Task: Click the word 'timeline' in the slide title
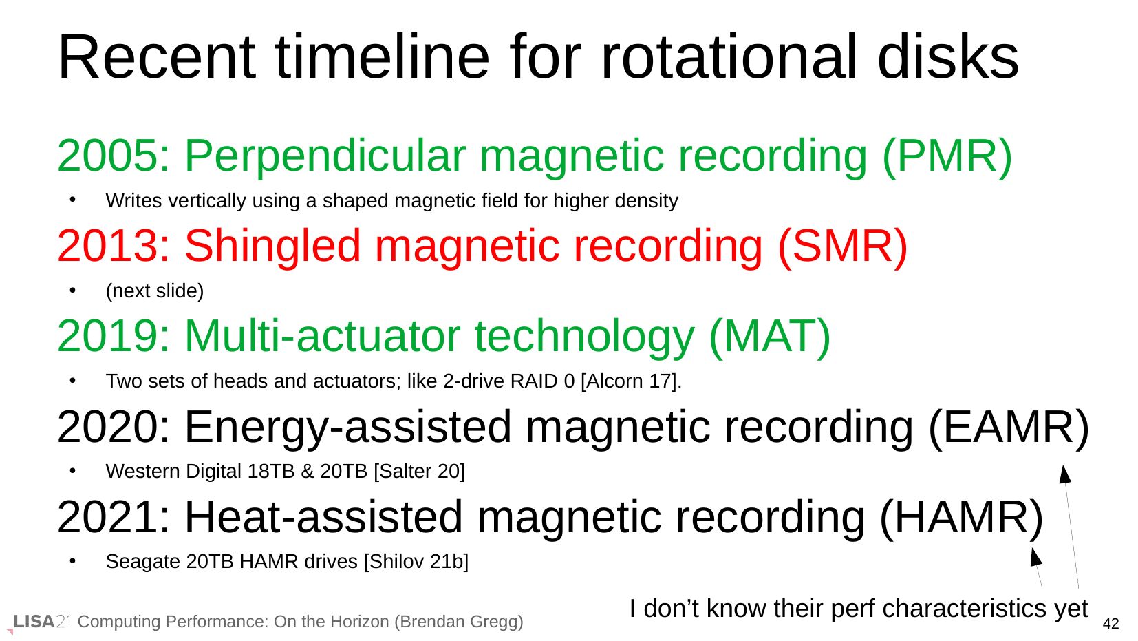[x=382, y=57]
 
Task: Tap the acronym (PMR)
[x=947, y=157]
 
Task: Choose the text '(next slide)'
[x=154, y=291]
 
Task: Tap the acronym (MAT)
[x=769, y=337]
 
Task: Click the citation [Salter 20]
[x=419, y=472]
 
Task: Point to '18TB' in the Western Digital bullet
[x=271, y=472]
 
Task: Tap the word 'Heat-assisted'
[x=323, y=518]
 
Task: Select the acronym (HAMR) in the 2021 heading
[x=961, y=518]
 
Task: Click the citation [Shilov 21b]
[x=416, y=562]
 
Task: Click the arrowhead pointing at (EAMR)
[x=1064, y=474]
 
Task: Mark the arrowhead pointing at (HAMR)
[x=1035, y=556]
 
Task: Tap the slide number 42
[x=1111, y=624]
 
